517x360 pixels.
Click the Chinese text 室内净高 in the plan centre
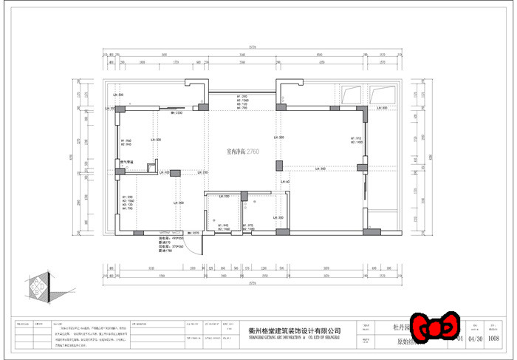point(236,150)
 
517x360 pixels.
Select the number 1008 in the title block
point(495,339)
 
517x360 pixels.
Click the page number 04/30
point(475,339)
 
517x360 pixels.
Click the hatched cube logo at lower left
point(38,288)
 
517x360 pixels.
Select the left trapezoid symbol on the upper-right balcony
point(351,94)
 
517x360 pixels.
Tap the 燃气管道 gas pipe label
point(126,163)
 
